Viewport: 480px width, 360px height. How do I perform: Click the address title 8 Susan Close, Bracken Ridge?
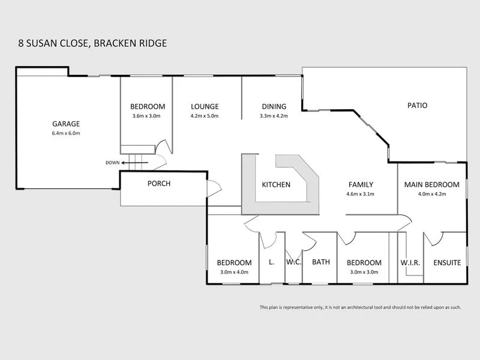[92, 43]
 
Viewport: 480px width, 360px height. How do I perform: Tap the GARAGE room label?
[66, 124]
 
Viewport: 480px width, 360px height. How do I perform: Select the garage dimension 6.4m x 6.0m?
[66, 133]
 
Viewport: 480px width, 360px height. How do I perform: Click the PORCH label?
[159, 184]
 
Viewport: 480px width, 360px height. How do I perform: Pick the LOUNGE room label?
[205, 106]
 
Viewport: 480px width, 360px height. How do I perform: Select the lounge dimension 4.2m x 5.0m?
[205, 116]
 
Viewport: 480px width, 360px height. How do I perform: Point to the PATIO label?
[416, 105]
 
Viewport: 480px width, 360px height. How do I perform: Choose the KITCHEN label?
[276, 185]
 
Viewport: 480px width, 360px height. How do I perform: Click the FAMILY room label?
[361, 185]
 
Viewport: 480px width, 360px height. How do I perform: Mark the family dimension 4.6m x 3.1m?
[361, 194]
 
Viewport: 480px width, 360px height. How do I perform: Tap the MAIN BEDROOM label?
[431, 185]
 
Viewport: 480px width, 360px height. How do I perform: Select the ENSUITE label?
[446, 263]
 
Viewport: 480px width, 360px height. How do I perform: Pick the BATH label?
[321, 262]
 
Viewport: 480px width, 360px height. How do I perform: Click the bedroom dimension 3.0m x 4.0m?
[234, 272]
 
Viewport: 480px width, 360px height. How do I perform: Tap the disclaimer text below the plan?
[360, 307]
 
